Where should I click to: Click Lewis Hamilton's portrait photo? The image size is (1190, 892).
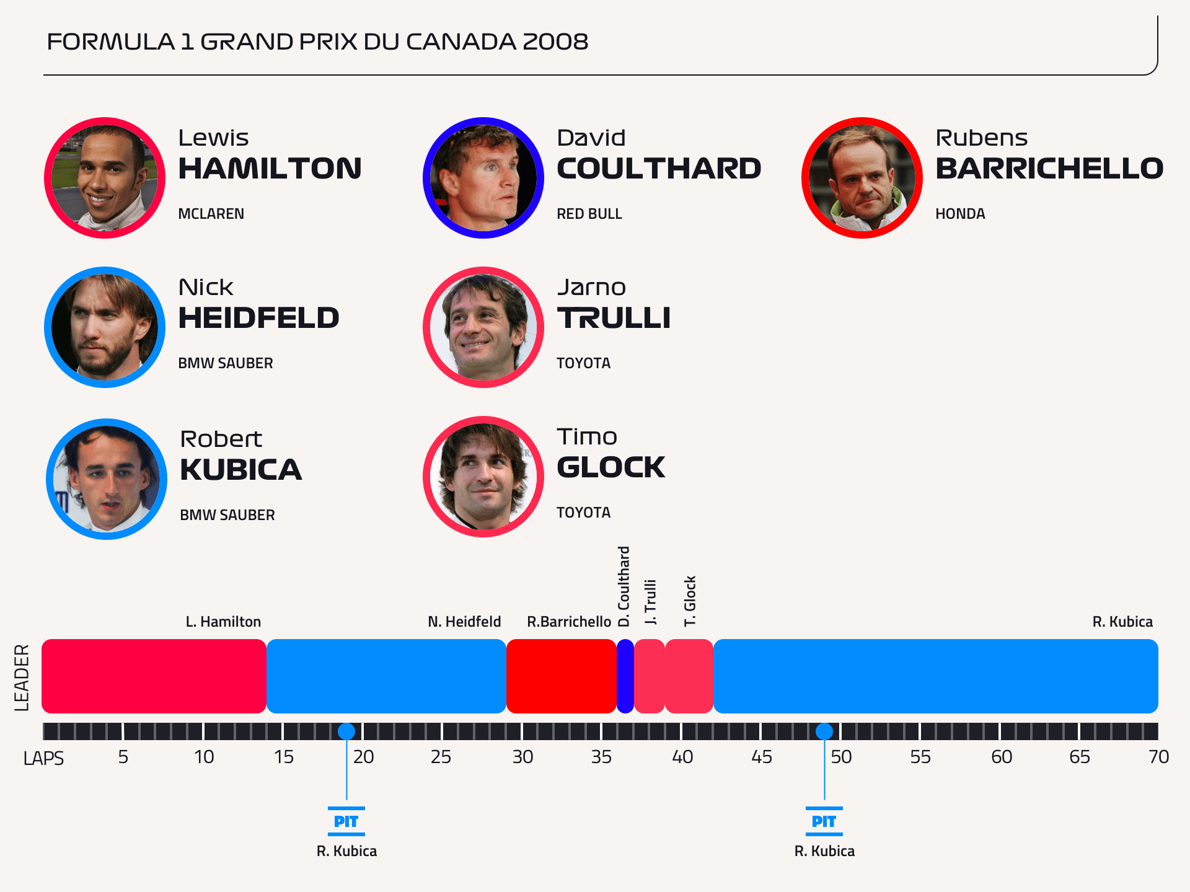[x=105, y=178]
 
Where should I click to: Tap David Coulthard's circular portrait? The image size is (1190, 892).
[x=483, y=178]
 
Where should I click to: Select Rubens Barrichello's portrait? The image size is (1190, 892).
[x=862, y=178]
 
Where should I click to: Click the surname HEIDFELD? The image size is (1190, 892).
[x=258, y=318]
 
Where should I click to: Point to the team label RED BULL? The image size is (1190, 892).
[x=589, y=214]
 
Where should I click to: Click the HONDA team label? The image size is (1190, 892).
[x=959, y=214]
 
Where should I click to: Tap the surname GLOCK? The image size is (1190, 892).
[x=610, y=467]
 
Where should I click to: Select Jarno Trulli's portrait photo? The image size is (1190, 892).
[x=483, y=327]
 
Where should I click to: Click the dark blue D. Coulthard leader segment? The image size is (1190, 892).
[x=625, y=676]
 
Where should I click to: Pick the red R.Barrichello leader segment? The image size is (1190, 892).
[x=561, y=676]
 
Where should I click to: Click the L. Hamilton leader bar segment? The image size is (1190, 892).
[x=154, y=676]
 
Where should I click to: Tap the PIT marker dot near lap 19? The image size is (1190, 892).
[x=346, y=731]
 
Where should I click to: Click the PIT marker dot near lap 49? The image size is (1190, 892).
[x=824, y=731]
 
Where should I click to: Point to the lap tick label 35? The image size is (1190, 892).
[x=601, y=757]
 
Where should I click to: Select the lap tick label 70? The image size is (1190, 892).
[x=1158, y=757]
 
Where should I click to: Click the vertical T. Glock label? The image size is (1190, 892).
[x=690, y=601]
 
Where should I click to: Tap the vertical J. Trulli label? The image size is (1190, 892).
[x=650, y=602]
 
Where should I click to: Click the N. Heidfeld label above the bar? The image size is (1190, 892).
[x=464, y=622]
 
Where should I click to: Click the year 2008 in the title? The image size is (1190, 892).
[x=555, y=42]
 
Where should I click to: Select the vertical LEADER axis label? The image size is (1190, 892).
[x=22, y=677]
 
